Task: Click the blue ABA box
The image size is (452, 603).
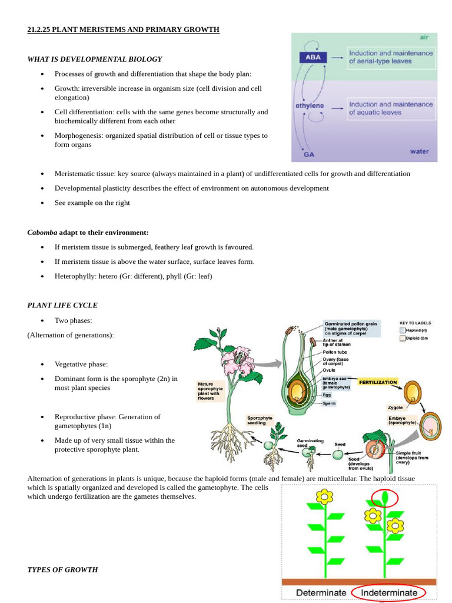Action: [313, 58]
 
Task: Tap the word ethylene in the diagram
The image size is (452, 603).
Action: [310, 106]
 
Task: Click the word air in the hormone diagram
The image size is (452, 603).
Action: [424, 37]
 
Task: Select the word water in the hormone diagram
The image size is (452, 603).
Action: [419, 151]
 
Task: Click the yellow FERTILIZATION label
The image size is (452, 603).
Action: [378, 382]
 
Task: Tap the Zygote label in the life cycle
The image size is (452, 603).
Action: [395, 407]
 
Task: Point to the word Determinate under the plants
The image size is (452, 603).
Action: [321, 592]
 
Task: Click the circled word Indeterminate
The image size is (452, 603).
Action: [389, 592]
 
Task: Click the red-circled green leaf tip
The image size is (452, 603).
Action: [385, 499]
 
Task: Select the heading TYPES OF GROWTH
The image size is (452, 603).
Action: [62, 570]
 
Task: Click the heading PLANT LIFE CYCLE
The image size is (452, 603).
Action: [62, 306]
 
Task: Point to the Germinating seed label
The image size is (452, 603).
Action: [307, 443]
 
